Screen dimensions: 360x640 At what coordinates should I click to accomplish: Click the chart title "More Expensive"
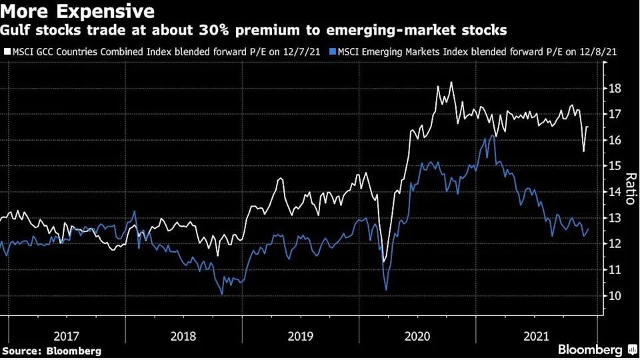[x=79, y=11]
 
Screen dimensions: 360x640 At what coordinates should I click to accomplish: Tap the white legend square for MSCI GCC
[x=6, y=51]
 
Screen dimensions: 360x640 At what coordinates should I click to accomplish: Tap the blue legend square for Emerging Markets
[x=335, y=51]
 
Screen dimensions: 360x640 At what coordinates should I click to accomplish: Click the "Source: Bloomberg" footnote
[x=52, y=350]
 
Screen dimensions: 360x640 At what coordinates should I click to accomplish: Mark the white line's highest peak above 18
[x=451, y=83]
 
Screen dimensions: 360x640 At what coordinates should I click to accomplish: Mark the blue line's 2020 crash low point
[x=387, y=289]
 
